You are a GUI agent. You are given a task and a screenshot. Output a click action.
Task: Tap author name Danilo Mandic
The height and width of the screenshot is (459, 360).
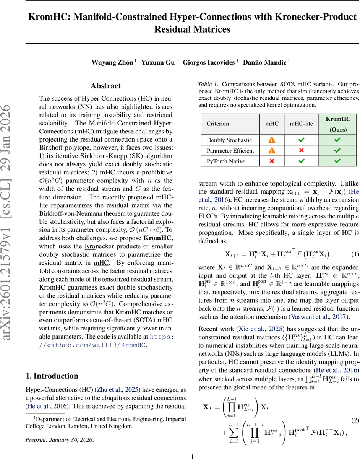click(x=266, y=62)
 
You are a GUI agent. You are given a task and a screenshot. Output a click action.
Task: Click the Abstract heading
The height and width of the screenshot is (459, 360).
click(x=105, y=86)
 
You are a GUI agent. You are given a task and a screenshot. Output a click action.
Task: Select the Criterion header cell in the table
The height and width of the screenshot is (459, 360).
click(x=218, y=124)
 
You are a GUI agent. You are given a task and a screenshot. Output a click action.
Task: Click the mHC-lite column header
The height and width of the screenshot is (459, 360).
click(x=301, y=124)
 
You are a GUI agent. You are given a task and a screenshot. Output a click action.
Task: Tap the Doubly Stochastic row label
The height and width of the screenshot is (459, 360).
click(x=229, y=140)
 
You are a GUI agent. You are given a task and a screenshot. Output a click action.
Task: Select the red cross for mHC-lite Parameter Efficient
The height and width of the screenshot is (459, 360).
click(x=301, y=151)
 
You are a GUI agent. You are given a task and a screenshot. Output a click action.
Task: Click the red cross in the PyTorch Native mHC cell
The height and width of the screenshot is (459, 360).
click(x=272, y=161)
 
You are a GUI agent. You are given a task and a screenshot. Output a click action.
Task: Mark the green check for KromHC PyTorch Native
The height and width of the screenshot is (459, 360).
click(x=337, y=161)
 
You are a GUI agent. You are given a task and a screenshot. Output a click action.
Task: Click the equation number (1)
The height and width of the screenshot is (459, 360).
click(x=355, y=254)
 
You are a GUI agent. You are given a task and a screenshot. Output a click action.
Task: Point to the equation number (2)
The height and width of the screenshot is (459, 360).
click(x=355, y=420)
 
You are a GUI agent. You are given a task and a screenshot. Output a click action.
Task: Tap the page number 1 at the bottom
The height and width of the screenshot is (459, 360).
click(x=193, y=456)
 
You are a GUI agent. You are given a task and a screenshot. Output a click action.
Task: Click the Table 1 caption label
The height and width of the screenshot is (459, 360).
click(x=208, y=84)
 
